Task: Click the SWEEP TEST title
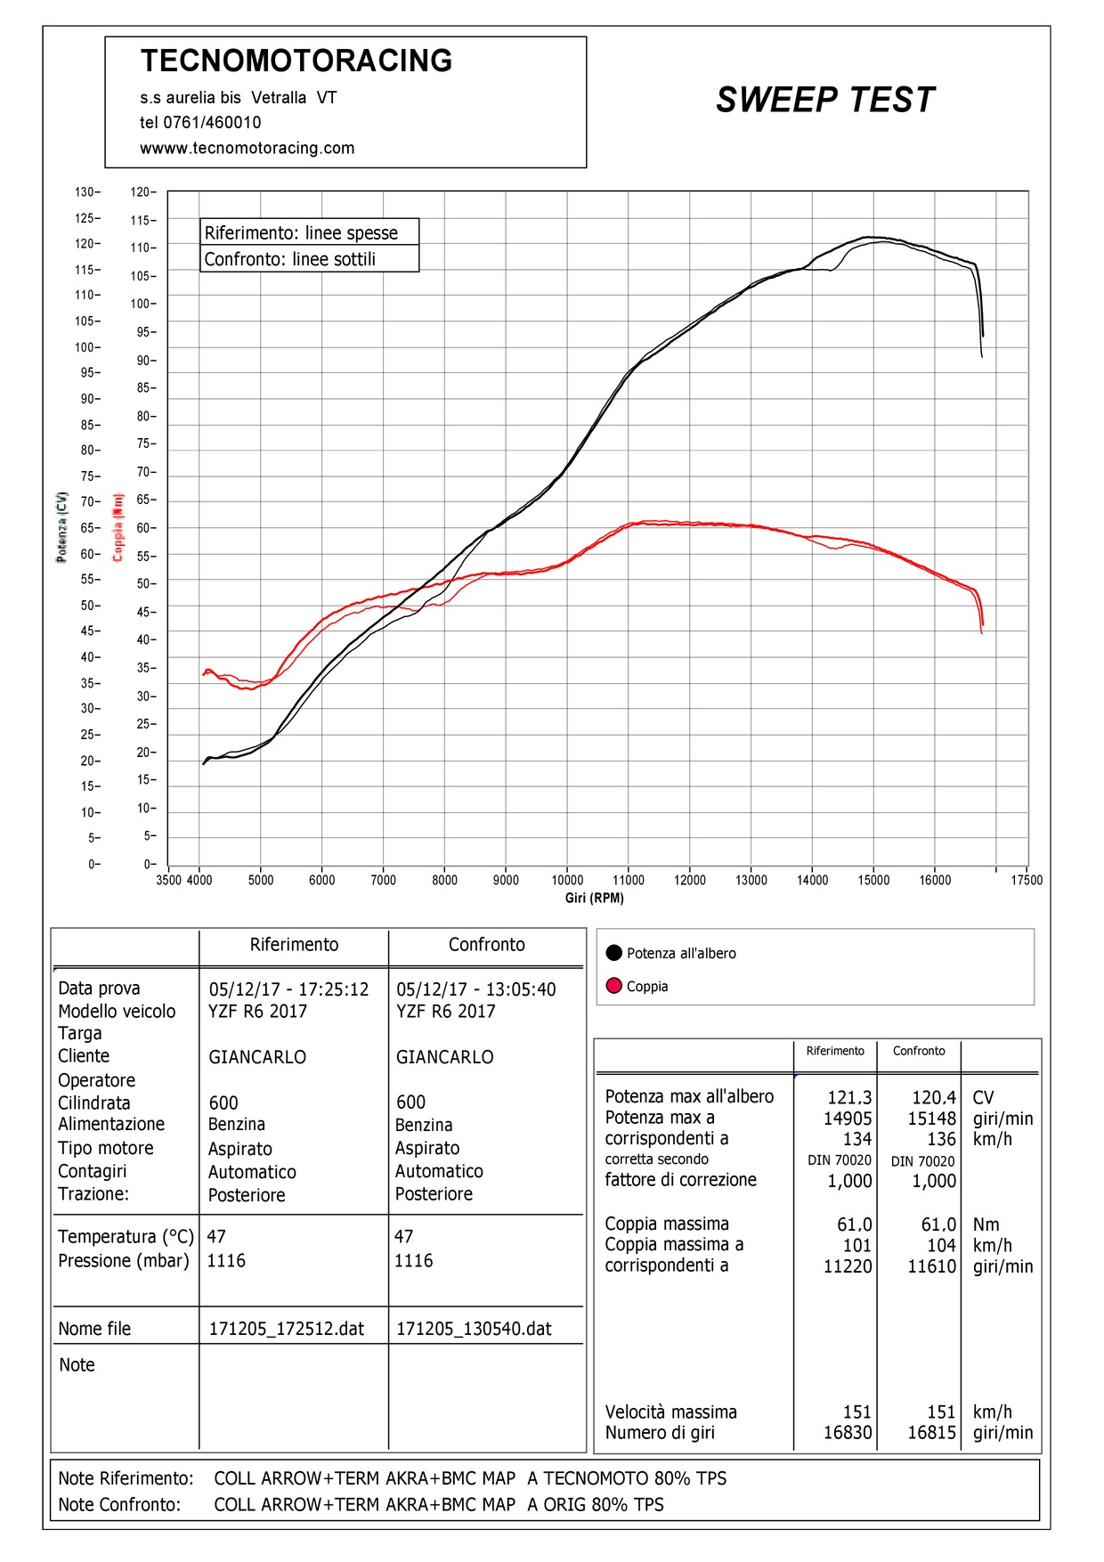825,100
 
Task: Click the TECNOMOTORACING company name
296,61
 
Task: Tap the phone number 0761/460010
212,123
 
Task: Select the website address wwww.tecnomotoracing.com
247,148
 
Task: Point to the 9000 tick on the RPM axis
506,880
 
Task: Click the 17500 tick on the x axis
1027,880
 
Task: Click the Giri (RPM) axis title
595,898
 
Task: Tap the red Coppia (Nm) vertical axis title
118,527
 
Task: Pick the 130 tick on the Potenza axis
87,192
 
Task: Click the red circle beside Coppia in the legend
613,986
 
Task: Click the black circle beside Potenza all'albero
613,953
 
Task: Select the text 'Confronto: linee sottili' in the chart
290,259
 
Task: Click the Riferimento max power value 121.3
849,1098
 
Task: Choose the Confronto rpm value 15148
932,1119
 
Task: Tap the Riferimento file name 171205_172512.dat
287,1329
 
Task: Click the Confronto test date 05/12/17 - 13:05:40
476,989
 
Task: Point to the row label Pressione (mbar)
124,1261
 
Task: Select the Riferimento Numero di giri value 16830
848,1433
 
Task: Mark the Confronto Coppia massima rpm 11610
932,1266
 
